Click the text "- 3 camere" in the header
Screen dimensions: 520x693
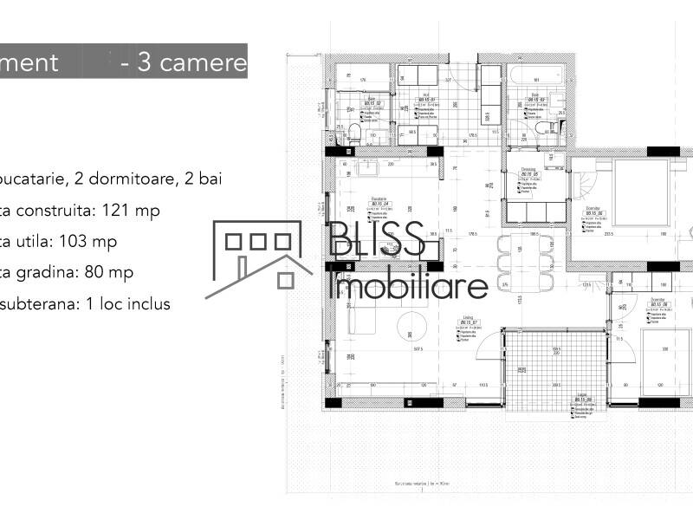pyautogui.click(x=184, y=62)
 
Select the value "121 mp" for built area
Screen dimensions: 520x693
pyautogui.click(x=131, y=210)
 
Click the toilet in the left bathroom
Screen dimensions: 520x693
pyautogui.click(x=353, y=132)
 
